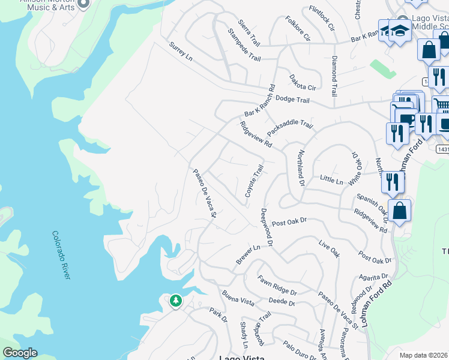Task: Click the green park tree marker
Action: click(175, 299)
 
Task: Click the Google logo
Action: click(20, 353)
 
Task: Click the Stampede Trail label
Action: click(244, 45)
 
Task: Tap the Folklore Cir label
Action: click(298, 29)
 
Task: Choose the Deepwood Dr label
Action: click(267, 227)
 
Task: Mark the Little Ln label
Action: click(331, 179)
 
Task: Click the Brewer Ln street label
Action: click(248, 254)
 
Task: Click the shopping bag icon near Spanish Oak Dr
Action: click(399, 211)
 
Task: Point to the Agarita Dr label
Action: click(373, 277)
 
